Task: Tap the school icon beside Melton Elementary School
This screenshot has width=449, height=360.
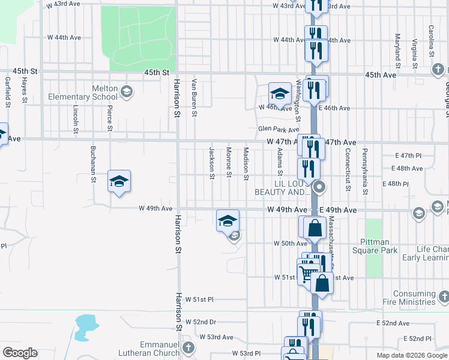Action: pyautogui.click(x=126, y=92)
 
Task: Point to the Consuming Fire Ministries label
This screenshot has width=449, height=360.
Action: pyautogui.click(x=405, y=297)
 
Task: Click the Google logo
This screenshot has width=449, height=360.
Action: pyautogui.click(x=20, y=353)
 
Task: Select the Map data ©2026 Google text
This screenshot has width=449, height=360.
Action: pyautogui.click(x=411, y=355)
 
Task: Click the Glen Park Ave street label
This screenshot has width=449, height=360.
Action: pyautogui.click(x=278, y=130)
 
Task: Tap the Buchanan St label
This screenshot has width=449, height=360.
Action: pyautogui.click(x=94, y=163)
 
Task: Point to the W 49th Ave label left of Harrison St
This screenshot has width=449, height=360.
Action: pyautogui.click(x=155, y=209)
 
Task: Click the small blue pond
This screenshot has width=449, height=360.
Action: pyautogui.click(x=86, y=326)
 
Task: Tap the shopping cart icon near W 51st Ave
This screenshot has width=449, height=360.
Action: pyautogui.click(x=307, y=273)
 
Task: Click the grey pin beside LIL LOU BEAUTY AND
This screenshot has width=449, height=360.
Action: pyautogui.click(x=320, y=187)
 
